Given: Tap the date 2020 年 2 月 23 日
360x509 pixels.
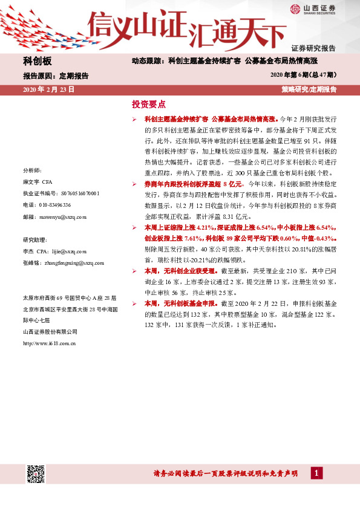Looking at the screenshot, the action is (x=48, y=89).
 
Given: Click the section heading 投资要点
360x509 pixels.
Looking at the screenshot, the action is (x=148, y=103).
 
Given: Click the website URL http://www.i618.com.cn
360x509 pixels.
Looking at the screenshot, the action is (x=48, y=343).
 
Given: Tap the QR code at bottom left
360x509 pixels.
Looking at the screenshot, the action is (x=36, y=475).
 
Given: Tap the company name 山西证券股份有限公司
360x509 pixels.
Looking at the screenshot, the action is (x=50, y=331).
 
